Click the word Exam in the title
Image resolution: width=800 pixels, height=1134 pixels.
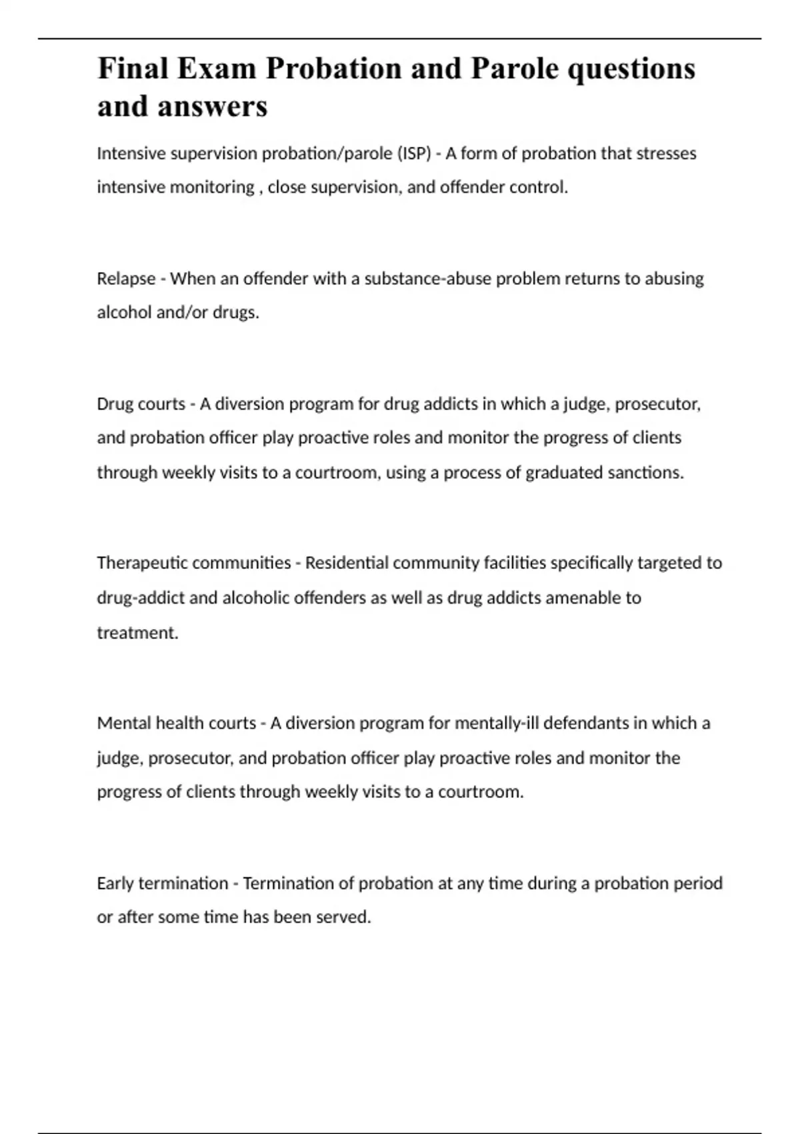[x=215, y=69]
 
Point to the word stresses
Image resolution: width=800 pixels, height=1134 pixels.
[x=666, y=153]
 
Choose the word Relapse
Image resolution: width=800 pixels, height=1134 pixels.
[x=126, y=279]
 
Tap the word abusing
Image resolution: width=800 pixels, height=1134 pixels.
[x=673, y=279]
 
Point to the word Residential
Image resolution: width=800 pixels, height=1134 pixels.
[x=347, y=563]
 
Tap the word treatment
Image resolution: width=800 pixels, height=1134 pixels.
[x=137, y=632]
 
